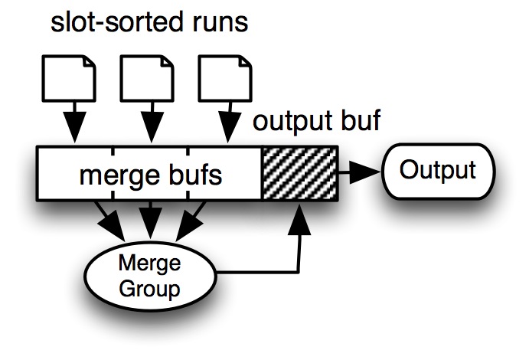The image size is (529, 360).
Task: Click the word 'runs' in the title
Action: [x=215, y=23]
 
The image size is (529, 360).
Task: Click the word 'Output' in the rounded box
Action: [x=437, y=170]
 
